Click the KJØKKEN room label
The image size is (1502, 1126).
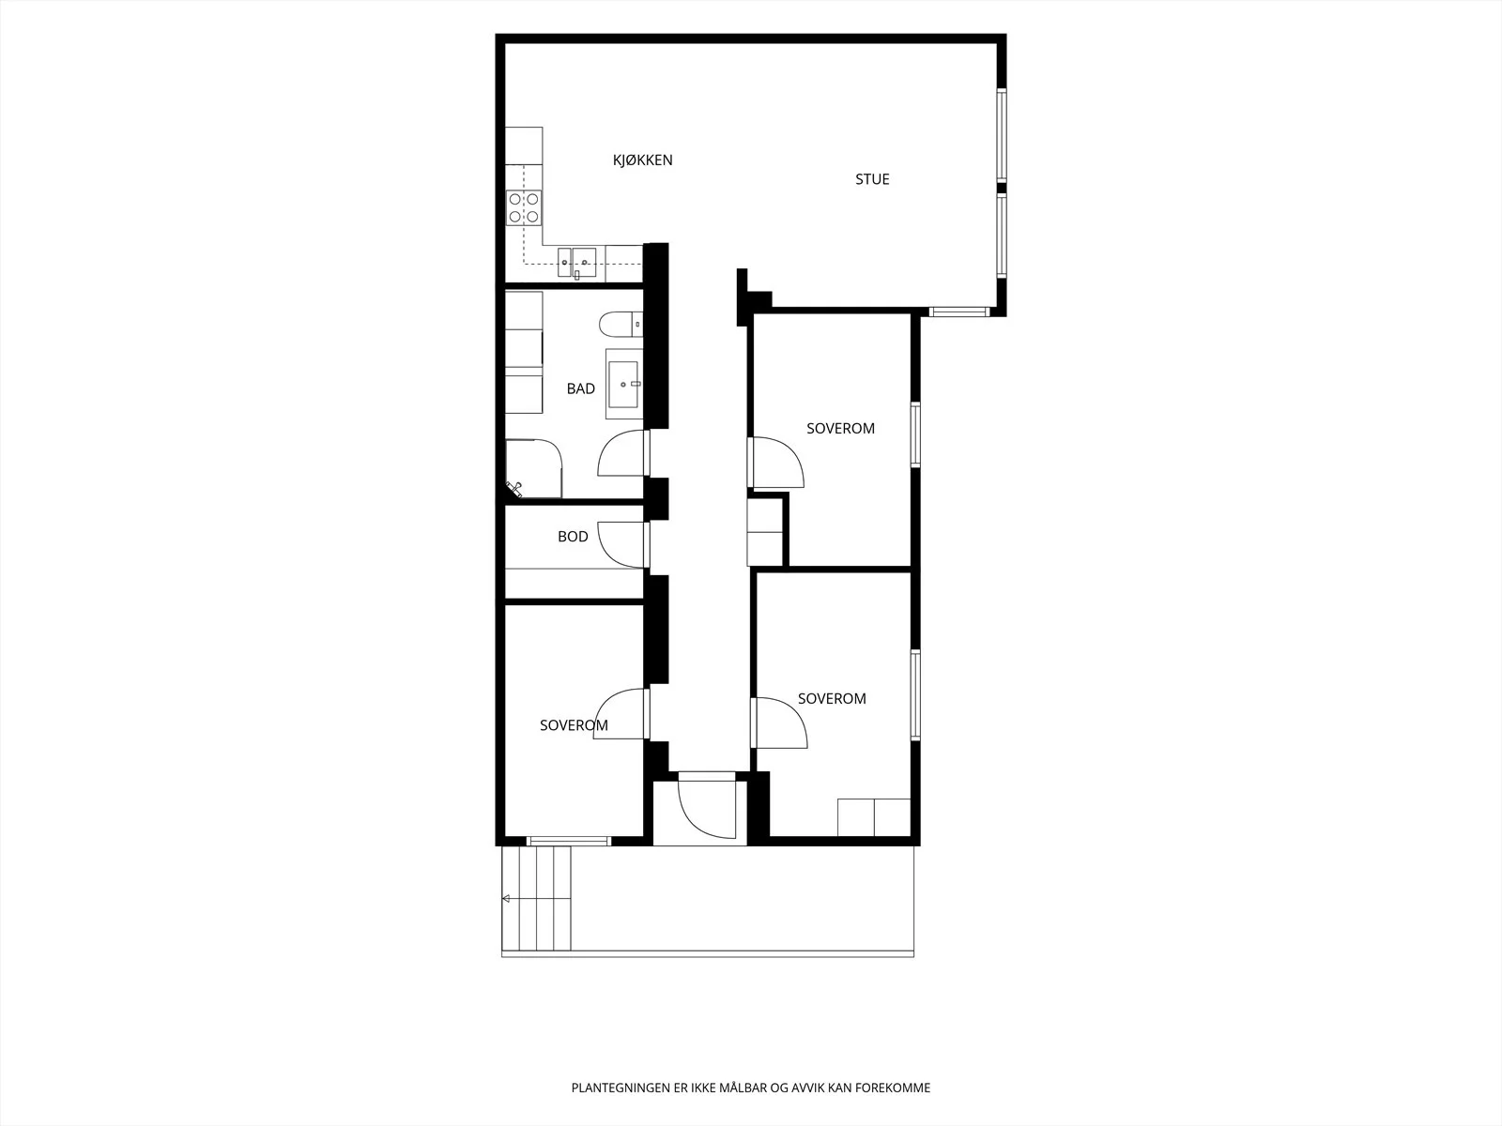pyautogui.click(x=642, y=160)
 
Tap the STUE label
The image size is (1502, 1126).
pyautogui.click(x=872, y=179)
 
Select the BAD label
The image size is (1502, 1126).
pyautogui.click(x=580, y=388)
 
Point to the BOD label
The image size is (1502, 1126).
pyautogui.click(x=573, y=537)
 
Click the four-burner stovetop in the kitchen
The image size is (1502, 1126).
pyautogui.click(x=524, y=207)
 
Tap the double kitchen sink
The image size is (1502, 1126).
pyautogui.click(x=576, y=264)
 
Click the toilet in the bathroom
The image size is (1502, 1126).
pyautogui.click(x=621, y=324)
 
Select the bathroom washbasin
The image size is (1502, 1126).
pyautogui.click(x=623, y=384)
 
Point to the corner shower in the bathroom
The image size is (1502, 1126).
pyautogui.click(x=534, y=468)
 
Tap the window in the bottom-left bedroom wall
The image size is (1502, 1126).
pyautogui.click(x=568, y=841)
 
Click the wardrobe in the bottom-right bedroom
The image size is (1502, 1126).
pyautogui.click(x=874, y=817)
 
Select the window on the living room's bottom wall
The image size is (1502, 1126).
pyautogui.click(x=958, y=312)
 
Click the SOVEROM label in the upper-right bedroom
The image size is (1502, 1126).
pyautogui.click(x=840, y=429)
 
